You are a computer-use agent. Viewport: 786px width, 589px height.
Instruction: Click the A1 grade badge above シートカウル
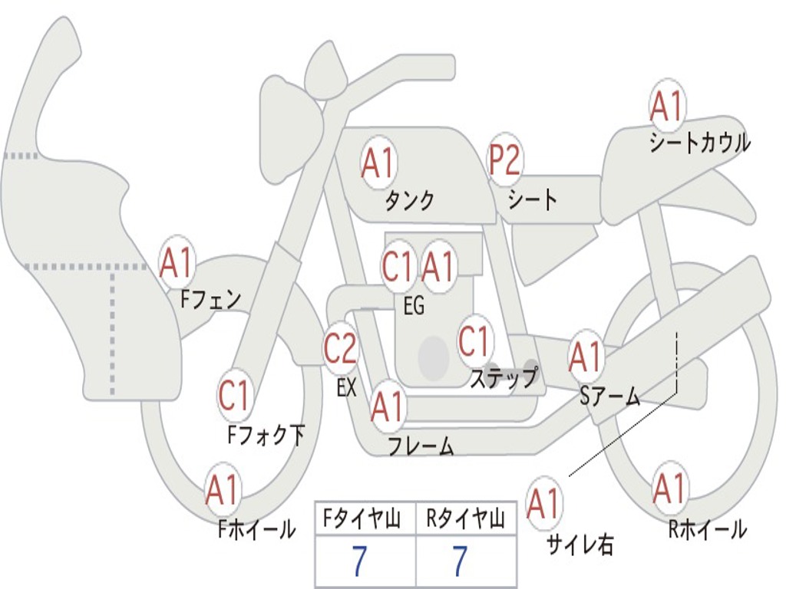coord(667,107)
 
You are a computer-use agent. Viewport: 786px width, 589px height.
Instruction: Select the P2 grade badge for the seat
coord(505,160)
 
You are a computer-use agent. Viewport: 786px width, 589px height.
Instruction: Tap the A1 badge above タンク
coord(378,163)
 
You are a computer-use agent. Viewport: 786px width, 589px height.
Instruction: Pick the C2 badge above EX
coord(340,349)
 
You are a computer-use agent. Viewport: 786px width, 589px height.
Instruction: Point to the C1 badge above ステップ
coord(474,341)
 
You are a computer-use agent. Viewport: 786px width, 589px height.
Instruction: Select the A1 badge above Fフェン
coord(177,263)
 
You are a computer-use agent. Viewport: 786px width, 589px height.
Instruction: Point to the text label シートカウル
coord(699,143)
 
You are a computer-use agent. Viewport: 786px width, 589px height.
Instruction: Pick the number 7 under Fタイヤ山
coord(359,562)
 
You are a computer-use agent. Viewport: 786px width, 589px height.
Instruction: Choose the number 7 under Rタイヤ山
coord(460,562)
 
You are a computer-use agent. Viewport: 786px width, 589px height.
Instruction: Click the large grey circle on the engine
coord(434,357)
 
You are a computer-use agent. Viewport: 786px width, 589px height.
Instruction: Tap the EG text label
coord(414,306)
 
